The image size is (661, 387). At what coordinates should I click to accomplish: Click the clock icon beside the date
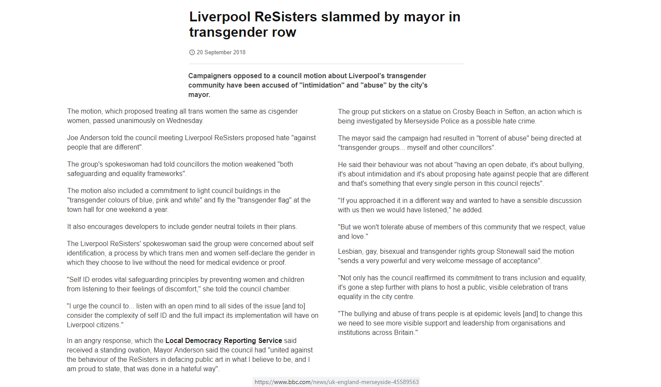coord(192,53)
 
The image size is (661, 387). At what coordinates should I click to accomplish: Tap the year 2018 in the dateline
coord(239,53)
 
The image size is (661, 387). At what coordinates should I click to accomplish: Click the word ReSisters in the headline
coord(286,17)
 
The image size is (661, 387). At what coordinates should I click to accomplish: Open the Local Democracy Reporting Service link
coord(223,341)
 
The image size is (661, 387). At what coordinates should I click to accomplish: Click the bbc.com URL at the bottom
coord(336,382)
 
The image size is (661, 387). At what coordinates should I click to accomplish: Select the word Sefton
coord(514,112)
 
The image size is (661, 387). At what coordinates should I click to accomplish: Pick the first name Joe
coord(72,138)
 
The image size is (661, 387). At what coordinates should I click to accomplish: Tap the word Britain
coord(404,333)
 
